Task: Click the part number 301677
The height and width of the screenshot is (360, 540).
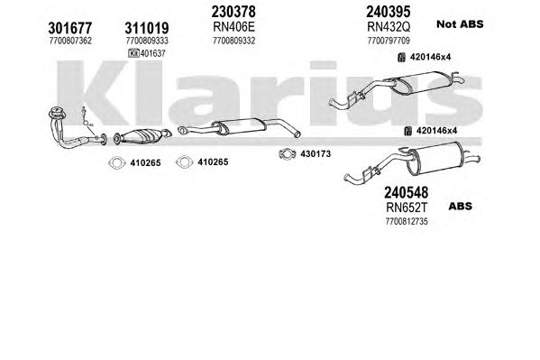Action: pyautogui.click(x=70, y=28)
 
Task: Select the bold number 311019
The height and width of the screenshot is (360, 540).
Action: pyautogui.click(x=147, y=28)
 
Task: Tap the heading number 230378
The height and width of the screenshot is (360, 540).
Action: pyautogui.click(x=233, y=12)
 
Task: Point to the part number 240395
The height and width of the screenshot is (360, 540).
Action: pyautogui.click(x=389, y=12)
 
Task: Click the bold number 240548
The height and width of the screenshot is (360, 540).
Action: pyautogui.click(x=407, y=192)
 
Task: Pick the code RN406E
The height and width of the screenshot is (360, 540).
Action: pyautogui.click(x=233, y=26)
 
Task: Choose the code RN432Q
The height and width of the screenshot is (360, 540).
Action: pyautogui.click(x=389, y=26)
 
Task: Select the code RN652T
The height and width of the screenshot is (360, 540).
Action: pyautogui.click(x=407, y=208)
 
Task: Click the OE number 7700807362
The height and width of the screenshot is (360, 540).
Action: pyautogui.click(x=70, y=41)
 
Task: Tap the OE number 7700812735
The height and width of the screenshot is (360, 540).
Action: pyautogui.click(x=407, y=221)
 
